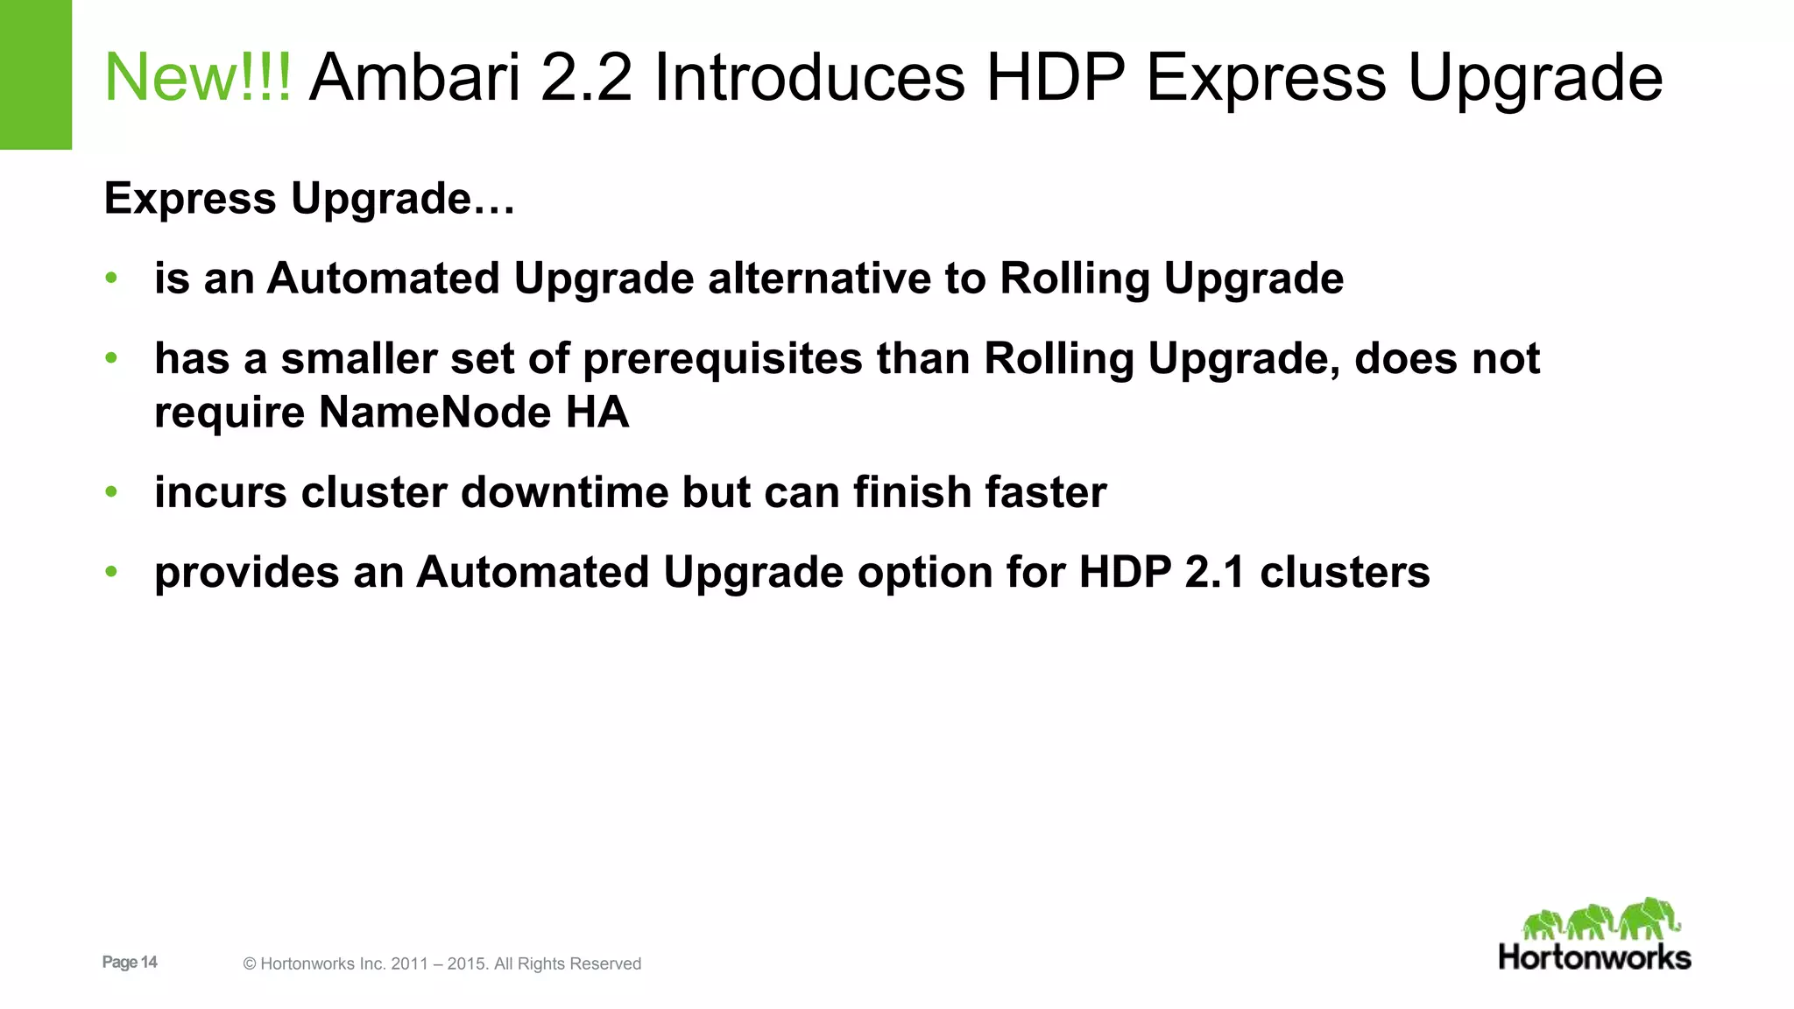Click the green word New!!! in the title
197,78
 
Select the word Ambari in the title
415,78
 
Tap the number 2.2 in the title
586,78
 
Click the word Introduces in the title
809,78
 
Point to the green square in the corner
35,74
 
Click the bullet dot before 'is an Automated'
111,279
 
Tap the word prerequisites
723,360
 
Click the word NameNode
434,413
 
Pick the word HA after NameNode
597,413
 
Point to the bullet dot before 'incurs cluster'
111,492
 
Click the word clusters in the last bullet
1345,573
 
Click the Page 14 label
130,963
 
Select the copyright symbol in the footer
250,964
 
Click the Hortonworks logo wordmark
1594,957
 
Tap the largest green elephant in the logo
1649,918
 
